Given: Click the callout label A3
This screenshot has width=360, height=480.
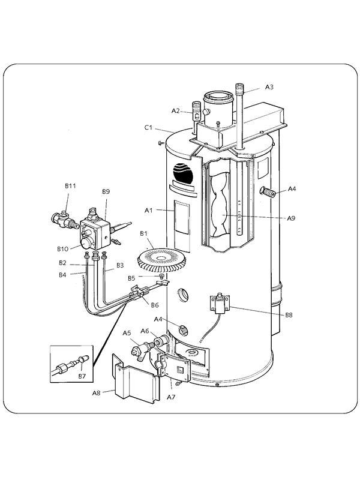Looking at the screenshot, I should (x=269, y=88).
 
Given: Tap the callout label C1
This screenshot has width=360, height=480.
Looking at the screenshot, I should (x=148, y=127).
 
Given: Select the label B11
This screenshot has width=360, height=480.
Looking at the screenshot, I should (x=70, y=187).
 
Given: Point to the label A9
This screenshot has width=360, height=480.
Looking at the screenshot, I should (x=291, y=218).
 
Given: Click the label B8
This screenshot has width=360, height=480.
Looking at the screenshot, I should (x=289, y=314).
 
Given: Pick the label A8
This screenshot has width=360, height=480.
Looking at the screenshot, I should (x=96, y=393).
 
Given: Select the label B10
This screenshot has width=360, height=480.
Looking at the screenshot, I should (x=62, y=248).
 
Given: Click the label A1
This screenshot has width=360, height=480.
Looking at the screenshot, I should (x=150, y=211).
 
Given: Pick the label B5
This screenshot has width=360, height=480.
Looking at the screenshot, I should (x=131, y=278).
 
